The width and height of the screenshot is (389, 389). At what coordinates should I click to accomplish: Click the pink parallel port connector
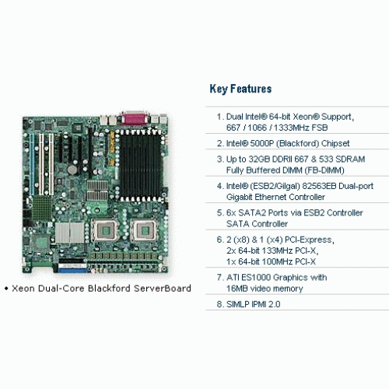point(134,118)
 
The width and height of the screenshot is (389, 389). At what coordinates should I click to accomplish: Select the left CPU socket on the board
point(105,230)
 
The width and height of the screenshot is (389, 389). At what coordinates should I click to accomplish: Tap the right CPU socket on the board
point(143,230)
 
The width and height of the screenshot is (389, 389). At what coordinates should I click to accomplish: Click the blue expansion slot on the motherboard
point(32,164)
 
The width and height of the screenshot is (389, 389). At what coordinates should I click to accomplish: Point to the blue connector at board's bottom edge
point(72,271)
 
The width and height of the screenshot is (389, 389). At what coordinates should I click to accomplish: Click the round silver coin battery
point(72,170)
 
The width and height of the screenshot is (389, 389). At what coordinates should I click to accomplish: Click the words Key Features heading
point(240,89)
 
